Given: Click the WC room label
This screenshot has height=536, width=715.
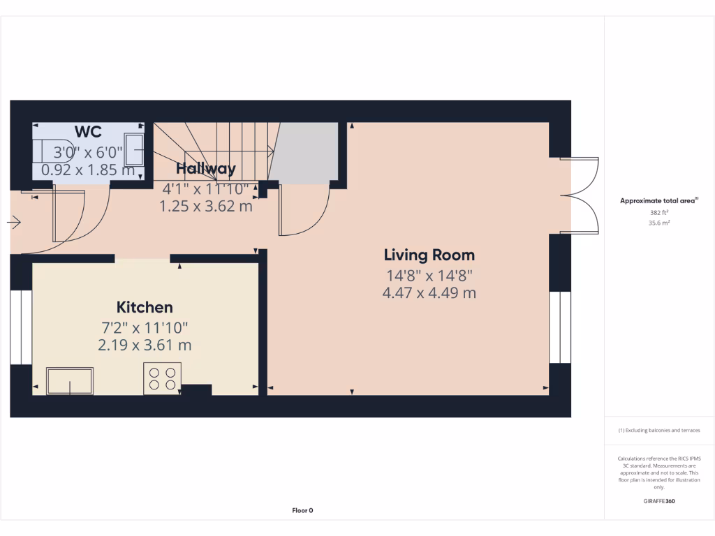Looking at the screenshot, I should [89, 132].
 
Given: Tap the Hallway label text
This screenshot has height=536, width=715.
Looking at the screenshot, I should [205, 168].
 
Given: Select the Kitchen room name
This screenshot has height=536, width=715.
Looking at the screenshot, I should [145, 307].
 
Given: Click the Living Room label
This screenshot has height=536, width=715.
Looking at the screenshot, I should [429, 255].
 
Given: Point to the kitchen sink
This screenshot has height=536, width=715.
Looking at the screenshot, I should [70, 380].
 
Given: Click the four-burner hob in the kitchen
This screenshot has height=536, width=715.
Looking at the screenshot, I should [162, 378].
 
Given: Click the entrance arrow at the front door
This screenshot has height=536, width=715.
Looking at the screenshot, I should [14, 223].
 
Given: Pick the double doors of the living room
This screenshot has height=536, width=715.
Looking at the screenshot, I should [583, 195].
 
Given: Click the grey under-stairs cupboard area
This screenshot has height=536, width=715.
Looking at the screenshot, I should [304, 154].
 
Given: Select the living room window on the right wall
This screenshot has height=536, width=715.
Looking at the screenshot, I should [560, 327].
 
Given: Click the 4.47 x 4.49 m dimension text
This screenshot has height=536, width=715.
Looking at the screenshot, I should [429, 293].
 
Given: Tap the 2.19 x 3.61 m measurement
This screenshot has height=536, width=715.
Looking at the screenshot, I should [145, 345].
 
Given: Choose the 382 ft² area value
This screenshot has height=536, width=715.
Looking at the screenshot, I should [659, 212].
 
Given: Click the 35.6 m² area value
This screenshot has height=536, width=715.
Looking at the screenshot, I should [659, 223].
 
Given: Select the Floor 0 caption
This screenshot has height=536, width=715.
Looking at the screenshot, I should [302, 510].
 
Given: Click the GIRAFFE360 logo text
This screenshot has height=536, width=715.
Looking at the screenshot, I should [659, 501].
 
